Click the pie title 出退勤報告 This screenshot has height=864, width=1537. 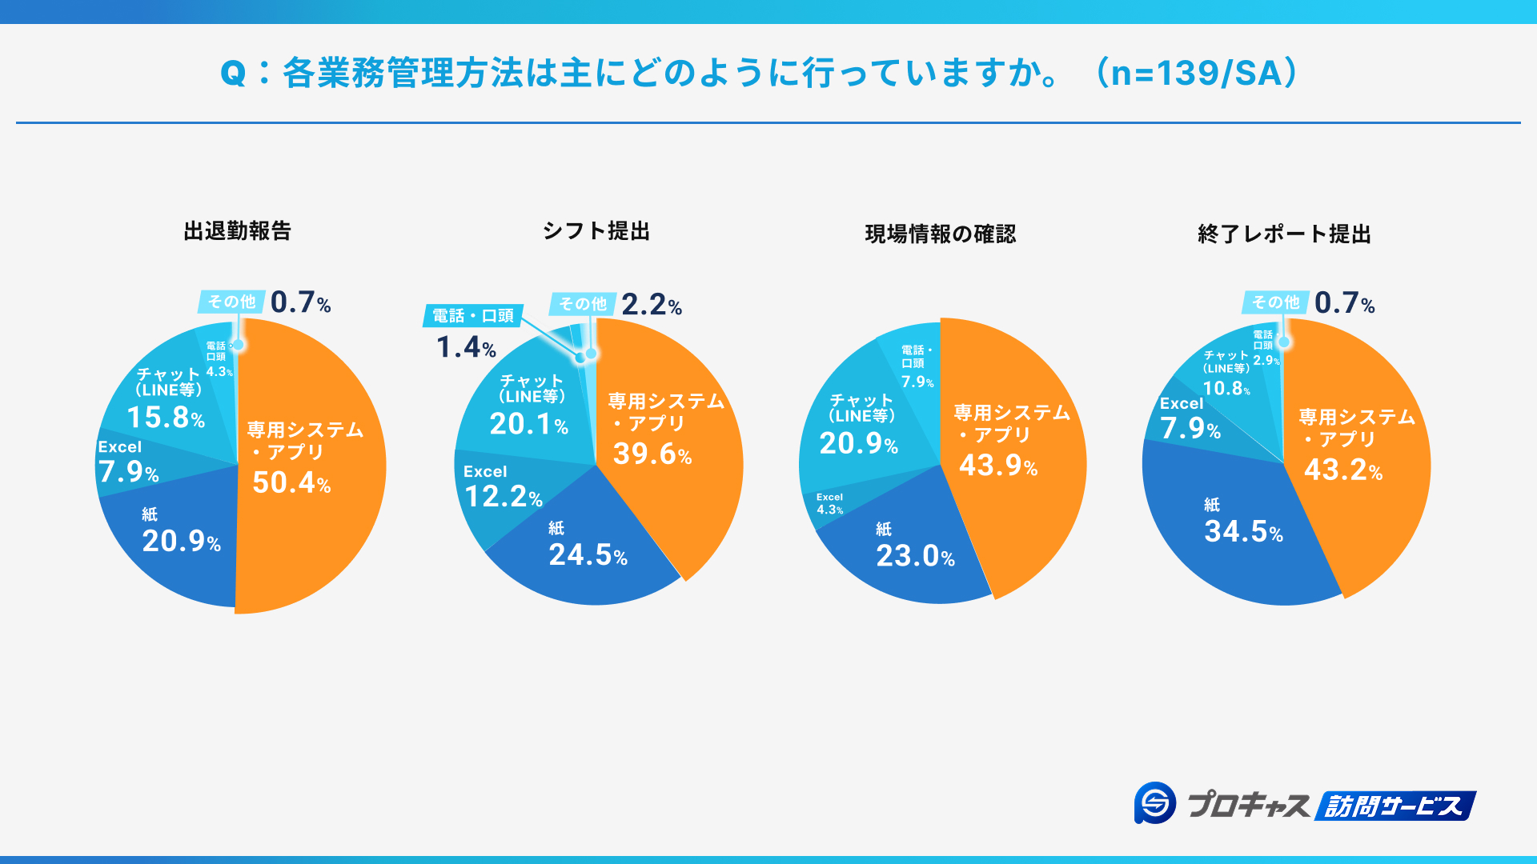point(237,231)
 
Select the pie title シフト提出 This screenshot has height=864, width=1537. point(596,231)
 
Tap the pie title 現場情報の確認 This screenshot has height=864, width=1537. point(940,234)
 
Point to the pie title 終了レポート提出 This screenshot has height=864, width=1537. point(1284,234)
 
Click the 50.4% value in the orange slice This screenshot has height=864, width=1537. point(291,482)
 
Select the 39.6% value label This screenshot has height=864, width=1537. point(652,454)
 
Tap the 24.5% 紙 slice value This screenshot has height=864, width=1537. point(588,554)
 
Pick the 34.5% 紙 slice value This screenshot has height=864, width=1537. point(1243,531)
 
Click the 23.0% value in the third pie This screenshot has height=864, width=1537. point(915,556)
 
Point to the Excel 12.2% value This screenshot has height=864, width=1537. point(504,497)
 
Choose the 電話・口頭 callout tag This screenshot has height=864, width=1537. point(473,316)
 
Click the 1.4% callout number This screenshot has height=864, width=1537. point(466,347)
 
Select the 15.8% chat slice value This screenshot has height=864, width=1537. point(166,418)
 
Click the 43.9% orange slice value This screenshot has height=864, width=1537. point(998,466)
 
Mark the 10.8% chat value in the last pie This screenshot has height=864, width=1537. point(1226,389)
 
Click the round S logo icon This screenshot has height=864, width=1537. point(1155,802)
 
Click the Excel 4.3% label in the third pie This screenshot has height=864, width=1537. point(829,504)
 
